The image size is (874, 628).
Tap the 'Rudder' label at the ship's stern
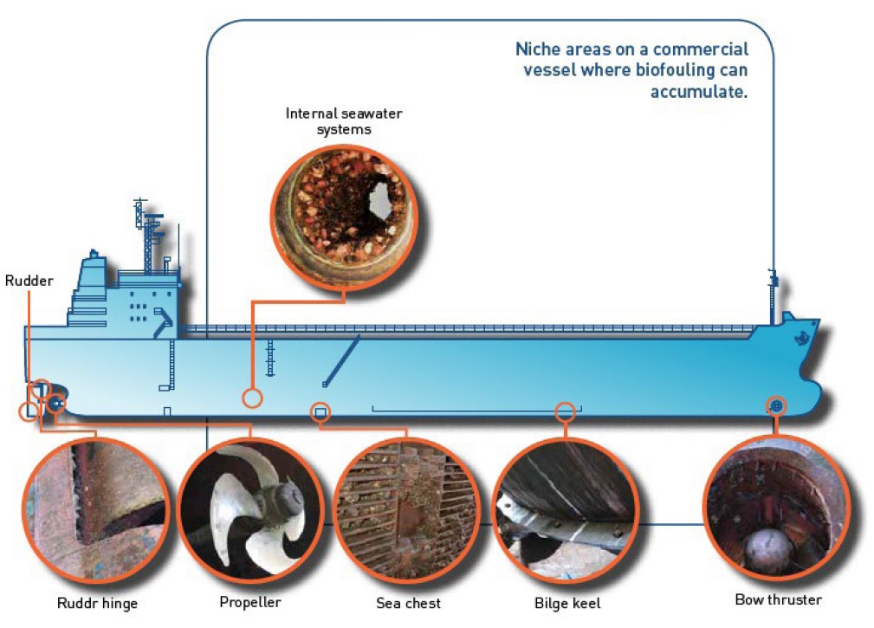click(29, 281)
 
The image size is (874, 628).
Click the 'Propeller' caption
click(250, 602)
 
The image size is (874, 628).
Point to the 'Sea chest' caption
click(408, 603)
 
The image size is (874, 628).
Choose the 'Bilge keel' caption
click(566, 603)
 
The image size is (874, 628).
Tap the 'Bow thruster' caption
click(778, 599)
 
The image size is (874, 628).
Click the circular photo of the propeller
click(250, 510)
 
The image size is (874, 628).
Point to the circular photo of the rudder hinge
click(95, 510)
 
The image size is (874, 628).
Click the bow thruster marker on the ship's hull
click(776, 405)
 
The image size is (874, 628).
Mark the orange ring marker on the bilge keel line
click(565, 411)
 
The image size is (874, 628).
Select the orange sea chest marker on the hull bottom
click(320, 412)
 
